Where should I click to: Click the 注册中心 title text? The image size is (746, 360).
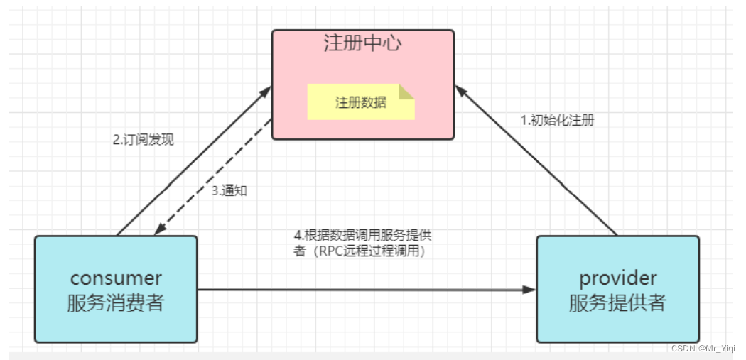coord(362,43)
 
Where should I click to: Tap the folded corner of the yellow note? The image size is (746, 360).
coord(406,92)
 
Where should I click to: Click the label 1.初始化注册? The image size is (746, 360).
coord(557,120)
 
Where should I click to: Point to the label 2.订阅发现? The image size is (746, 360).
coord(143,140)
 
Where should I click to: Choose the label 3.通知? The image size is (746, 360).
coord(229,190)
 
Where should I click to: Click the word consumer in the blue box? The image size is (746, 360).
coord(116,278)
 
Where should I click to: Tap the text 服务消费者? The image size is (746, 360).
coord(116,303)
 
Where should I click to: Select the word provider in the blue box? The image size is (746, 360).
coord(617,278)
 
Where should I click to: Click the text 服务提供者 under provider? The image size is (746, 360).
coord(617,303)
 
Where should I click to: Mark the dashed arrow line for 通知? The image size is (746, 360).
coord(213,177)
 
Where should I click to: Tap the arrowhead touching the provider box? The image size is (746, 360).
coord(529,290)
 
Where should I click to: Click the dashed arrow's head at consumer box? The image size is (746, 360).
coord(161,229)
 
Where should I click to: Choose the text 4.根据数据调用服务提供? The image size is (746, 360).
coord(362,236)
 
